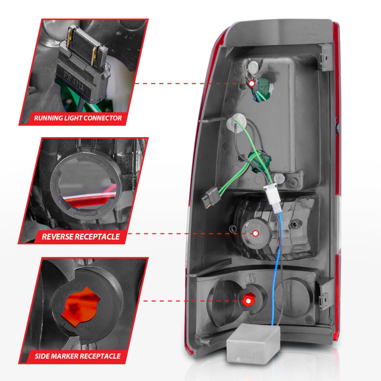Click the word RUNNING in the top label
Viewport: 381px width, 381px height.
(x=51, y=118)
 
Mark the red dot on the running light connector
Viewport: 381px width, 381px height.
(x=251, y=84)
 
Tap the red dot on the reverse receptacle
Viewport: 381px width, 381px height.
(x=255, y=233)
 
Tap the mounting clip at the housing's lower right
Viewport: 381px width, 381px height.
(x=325, y=291)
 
